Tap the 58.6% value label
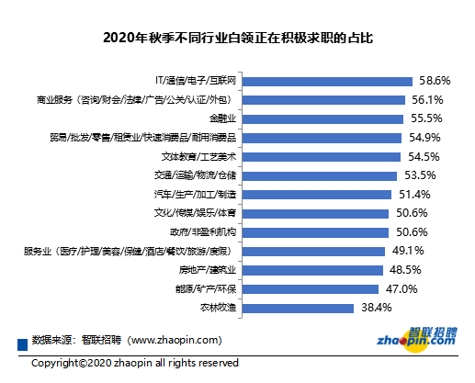(x=435, y=80)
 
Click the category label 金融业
(x=222, y=118)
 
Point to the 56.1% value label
(x=429, y=99)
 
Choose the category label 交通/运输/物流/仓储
(x=198, y=175)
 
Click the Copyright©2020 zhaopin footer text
(x=135, y=363)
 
